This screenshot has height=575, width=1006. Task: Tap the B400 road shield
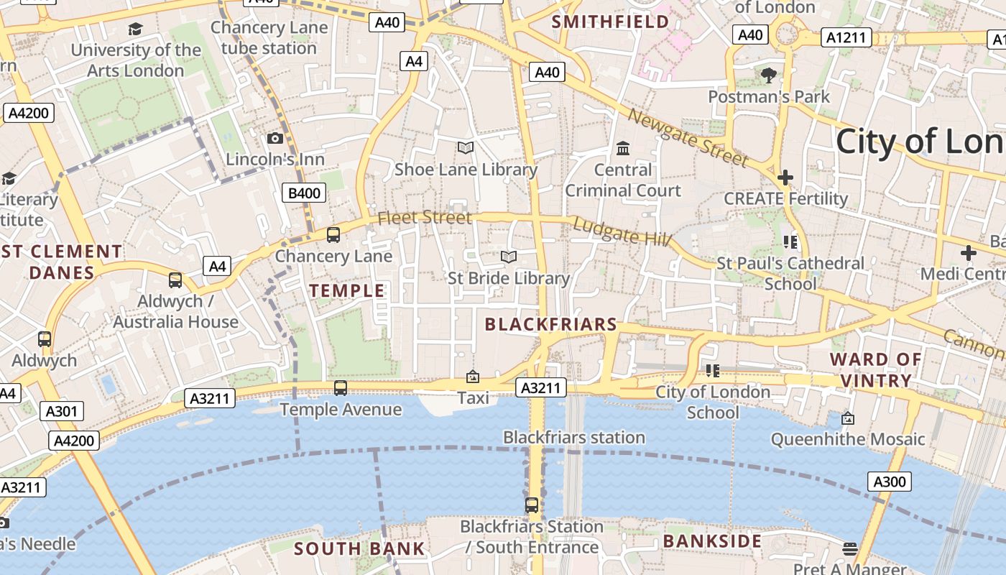(x=304, y=193)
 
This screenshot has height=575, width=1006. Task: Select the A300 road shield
(x=889, y=482)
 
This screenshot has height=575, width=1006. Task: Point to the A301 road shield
(x=62, y=411)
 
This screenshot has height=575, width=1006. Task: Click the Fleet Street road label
(x=425, y=217)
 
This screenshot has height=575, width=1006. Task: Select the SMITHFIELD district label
(x=610, y=22)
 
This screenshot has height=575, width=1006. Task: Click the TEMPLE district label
(x=347, y=290)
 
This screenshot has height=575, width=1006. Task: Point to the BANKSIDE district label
(x=712, y=540)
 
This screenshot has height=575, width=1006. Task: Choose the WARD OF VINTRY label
(x=875, y=369)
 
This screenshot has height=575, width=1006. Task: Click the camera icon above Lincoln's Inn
(x=274, y=138)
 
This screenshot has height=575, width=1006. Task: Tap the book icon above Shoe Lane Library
(x=466, y=147)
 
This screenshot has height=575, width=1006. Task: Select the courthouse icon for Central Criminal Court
(x=623, y=148)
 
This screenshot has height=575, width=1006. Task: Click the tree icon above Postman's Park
(x=768, y=74)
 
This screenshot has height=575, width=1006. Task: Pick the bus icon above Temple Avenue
(x=341, y=388)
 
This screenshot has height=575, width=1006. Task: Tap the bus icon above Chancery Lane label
(x=333, y=234)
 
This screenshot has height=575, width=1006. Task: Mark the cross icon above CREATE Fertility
(x=785, y=177)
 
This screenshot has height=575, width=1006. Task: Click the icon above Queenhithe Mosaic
(x=848, y=418)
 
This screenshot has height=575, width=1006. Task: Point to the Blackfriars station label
(x=573, y=437)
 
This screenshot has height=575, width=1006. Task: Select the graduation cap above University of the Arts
(x=135, y=29)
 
